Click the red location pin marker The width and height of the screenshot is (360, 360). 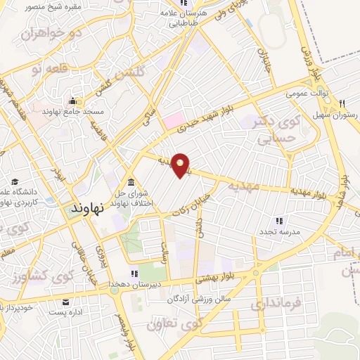pyautogui.click(x=181, y=165)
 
